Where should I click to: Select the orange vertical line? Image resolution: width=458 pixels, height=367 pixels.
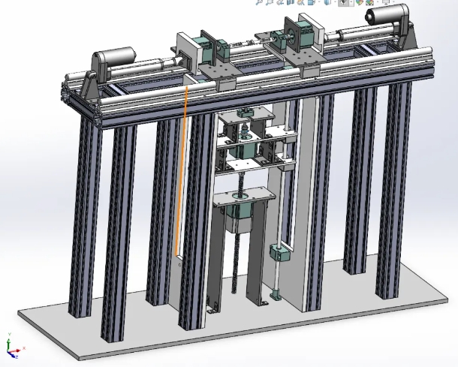181,173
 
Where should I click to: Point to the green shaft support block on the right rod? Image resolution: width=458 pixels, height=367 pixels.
277,253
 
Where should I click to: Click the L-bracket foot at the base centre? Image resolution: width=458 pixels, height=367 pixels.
212,307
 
